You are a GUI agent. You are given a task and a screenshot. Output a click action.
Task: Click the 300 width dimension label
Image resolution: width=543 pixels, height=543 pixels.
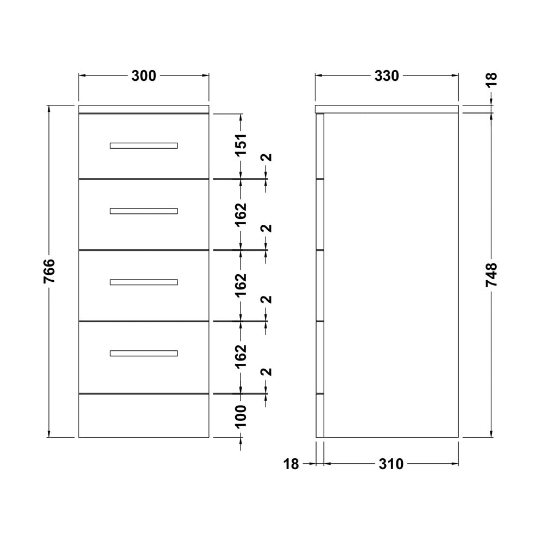coord(144,76)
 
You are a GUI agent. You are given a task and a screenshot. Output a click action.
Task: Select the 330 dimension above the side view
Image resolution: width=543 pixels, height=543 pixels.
coord(387,76)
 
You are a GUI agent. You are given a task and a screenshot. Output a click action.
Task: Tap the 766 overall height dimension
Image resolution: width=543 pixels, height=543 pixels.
coord(49,271)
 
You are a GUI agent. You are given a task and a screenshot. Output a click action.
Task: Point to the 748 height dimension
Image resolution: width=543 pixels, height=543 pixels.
coord(491,275)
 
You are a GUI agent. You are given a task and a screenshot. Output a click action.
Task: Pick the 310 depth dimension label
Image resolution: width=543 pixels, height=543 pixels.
coord(392,464)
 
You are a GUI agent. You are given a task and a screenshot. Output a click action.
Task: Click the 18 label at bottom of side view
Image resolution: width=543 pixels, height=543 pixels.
coord(291,464)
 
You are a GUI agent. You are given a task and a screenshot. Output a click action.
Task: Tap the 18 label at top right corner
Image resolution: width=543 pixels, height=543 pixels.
coord(491,80)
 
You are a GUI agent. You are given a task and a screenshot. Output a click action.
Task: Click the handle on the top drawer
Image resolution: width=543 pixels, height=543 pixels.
coord(144,146)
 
